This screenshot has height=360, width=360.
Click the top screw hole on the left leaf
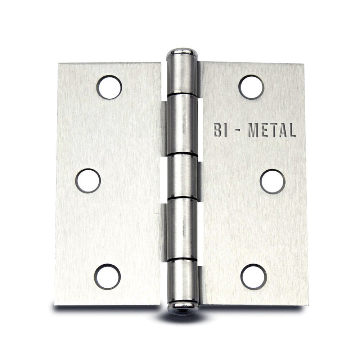pyautogui.click(x=109, y=87)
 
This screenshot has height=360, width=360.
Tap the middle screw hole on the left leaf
pyautogui.click(x=88, y=181)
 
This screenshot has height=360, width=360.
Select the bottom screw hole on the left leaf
pyautogui.click(x=107, y=276)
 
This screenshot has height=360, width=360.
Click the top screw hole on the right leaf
pyautogui.click(x=251, y=87)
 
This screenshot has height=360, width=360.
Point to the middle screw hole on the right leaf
pyautogui.click(x=273, y=181)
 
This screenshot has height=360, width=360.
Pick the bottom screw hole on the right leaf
pyautogui.click(x=254, y=277)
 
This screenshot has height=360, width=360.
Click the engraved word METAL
pyautogui.click(x=272, y=130)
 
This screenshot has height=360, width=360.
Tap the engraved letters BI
pyautogui.click(x=218, y=130)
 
